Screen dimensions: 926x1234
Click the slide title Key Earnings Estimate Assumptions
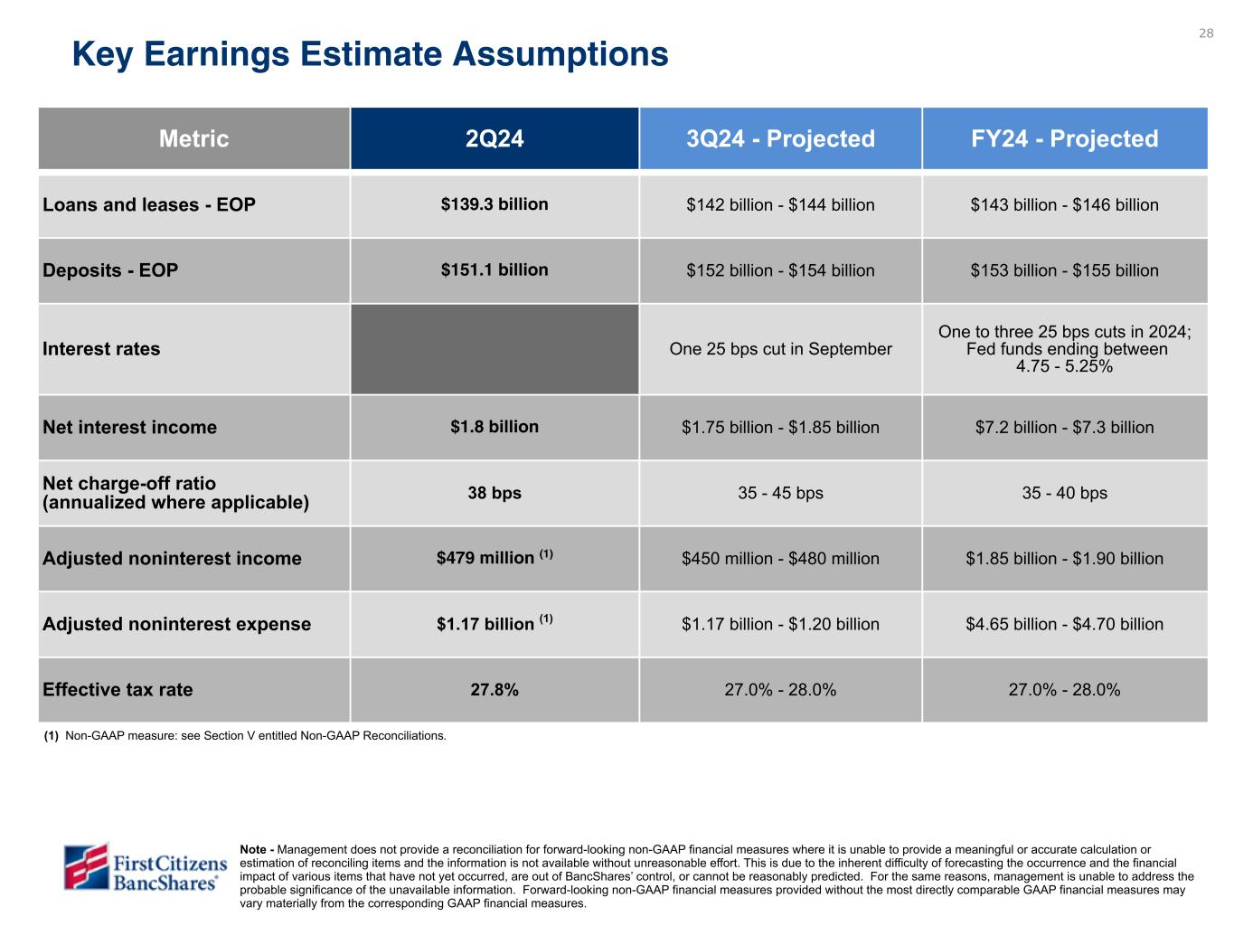pyautogui.click(x=370, y=54)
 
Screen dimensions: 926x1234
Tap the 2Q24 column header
pyautogui.click(x=495, y=138)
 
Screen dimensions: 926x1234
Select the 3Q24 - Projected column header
pyautogui.click(x=780, y=138)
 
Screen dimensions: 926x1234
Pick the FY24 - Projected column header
pyautogui.click(x=1064, y=138)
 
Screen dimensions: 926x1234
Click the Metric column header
pyautogui.click(x=193, y=138)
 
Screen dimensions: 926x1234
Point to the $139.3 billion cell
pyautogui.click(x=495, y=204)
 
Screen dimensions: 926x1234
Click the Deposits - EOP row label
pyautogui.click(x=110, y=270)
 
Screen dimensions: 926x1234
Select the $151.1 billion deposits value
pyautogui.click(x=495, y=269)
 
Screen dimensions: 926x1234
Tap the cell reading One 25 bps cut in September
pyautogui.click(x=780, y=349)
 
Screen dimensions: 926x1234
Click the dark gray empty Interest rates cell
pyautogui.click(x=495, y=349)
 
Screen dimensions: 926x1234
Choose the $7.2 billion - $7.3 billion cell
pyautogui.click(x=1064, y=427)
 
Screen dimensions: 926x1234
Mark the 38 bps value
pyautogui.click(x=495, y=493)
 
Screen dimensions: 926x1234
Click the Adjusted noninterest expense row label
pyautogui.click(x=176, y=624)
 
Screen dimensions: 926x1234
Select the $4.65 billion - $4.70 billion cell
pyautogui.click(x=1064, y=624)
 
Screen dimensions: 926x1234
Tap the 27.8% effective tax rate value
pyautogui.click(x=495, y=690)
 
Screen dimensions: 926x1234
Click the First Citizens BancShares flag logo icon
pyautogui.click(x=86, y=866)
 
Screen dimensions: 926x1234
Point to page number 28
pyautogui.click(x=1206, y=33)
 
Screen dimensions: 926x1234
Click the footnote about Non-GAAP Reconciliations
pyautogui.click(x=246, y=735)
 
